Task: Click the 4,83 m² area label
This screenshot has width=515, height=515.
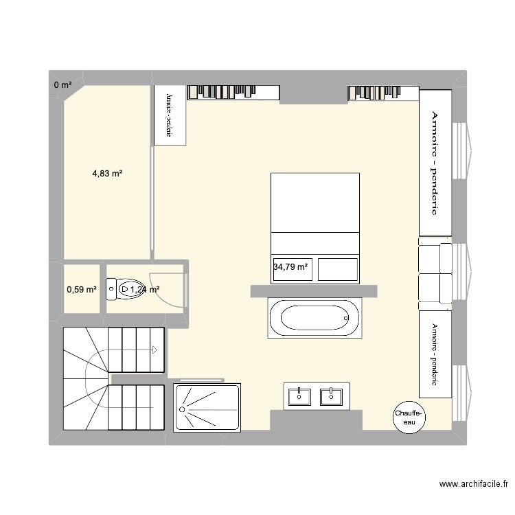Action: click(x=107, y=174)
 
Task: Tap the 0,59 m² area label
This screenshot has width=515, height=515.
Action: click(x=81, y=290)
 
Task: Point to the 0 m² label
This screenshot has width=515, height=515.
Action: click(x=62, y=85)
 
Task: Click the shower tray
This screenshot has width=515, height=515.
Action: click(x=208, y=408)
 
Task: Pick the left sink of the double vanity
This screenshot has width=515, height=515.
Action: click(x=300, y=396)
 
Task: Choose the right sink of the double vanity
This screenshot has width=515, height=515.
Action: click(x=331, y=396)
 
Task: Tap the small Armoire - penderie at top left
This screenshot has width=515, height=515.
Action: click(x=170, y=115)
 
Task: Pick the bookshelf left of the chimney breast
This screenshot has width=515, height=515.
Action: click(x=233, y=92)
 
